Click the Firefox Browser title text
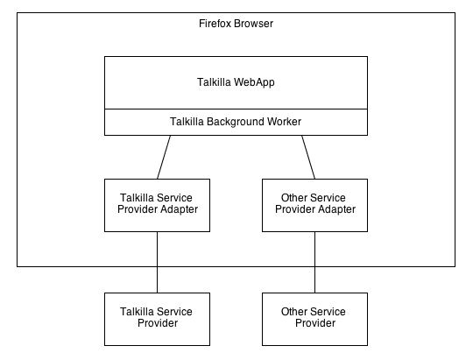[x=236, y=24]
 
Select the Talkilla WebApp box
[x=236, y=82]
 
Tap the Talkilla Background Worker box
[x=236, y=122]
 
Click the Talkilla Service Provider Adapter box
[x=157, y=206]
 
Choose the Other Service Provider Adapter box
[x=315, y=206]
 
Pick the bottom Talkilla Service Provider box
[x=157, y=319]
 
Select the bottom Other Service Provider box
[x=315, y=319]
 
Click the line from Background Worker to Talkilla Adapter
[x=164, y=157]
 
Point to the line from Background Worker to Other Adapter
[x=308, y=157]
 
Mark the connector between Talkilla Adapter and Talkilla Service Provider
[x=157, y=262]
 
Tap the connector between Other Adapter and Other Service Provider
[x=315, y=262]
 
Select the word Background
[x=231, y=122]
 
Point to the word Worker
[x=280, y=121]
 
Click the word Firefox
[x=215, y=24]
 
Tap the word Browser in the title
[x=253, y=24]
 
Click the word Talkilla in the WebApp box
[x=214, y=82]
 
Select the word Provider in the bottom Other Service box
[x=315, y=323]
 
